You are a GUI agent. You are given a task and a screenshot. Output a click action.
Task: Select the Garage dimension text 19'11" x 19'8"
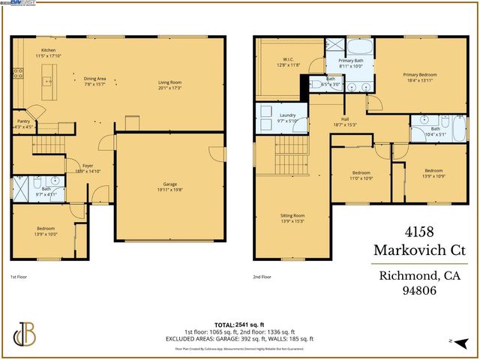pos(170,188)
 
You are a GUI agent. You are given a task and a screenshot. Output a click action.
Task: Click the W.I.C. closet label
pos(287,59)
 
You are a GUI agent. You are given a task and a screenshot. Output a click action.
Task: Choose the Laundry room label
pos(287,115)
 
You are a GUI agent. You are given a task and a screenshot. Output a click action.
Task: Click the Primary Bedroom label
pos(419,75)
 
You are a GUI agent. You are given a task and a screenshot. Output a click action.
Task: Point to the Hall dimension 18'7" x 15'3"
pos(346,124)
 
